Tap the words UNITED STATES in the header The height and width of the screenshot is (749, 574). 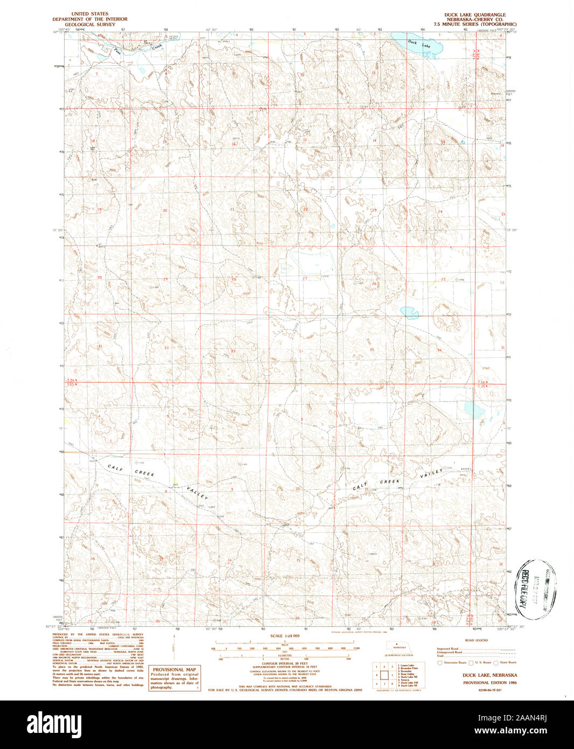(89, 14)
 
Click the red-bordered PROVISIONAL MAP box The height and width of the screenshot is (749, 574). (174, 678)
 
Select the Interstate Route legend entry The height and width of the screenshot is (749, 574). (451, 662)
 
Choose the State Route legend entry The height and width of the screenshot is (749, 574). (506, 662)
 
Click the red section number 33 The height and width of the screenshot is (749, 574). (233, 351)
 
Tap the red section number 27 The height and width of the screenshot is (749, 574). (305, 278)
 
